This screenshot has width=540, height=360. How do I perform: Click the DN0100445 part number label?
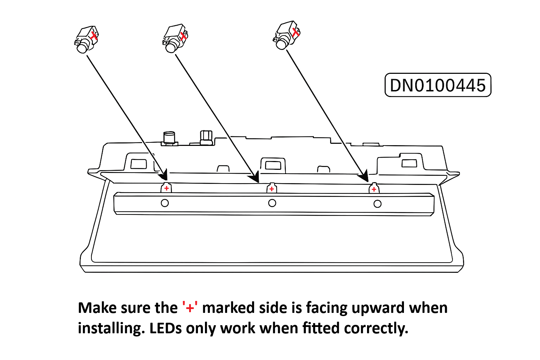tap(438, 85)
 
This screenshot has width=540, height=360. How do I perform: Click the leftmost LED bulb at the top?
tap(86, 39)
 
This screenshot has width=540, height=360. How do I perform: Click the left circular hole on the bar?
tap(165, 203)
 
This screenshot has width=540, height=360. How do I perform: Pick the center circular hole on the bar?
tap(272, 203)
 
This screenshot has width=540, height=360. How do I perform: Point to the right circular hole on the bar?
tap(378, 204)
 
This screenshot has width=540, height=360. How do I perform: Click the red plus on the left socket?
tap(167, 188)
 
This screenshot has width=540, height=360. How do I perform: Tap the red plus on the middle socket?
tap(271, 189)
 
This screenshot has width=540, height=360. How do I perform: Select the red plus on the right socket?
tap(374, 189)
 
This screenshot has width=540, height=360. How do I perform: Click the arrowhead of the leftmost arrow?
tap(163, 175)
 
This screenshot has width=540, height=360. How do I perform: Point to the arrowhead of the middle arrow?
tap(255, 177)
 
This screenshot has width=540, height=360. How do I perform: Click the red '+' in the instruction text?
tap(190, 308)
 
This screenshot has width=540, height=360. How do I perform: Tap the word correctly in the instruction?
tap(376, 328)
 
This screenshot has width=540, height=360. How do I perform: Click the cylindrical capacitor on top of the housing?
tap(169, 137)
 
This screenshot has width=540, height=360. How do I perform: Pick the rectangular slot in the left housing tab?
tap(139, 163)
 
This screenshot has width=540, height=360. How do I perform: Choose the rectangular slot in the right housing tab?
tap(409, 163)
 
